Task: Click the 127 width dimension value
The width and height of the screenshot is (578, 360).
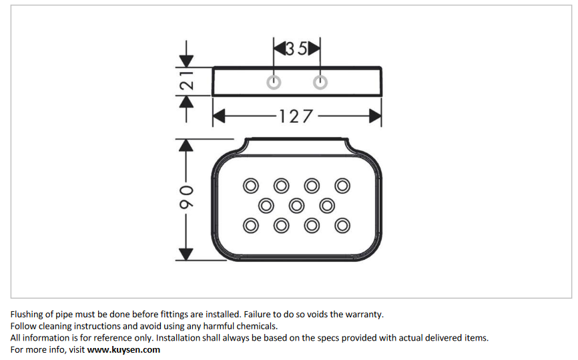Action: (296, 117)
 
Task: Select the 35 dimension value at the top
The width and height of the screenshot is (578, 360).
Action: (296, 48)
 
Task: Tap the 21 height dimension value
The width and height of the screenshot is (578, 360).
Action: (188, 82)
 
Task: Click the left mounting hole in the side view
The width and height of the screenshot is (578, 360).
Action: (273, 83)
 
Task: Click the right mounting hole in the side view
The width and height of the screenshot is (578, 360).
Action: (320, 83)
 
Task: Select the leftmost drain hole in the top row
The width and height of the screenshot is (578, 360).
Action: (251, 184)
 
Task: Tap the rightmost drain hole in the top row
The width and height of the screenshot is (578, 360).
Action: (342, 184)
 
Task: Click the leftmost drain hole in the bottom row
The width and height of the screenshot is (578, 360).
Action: (251, 226)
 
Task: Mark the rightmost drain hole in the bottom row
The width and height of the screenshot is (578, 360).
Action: (342, 226)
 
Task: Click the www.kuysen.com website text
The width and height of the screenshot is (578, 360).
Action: (123, 349)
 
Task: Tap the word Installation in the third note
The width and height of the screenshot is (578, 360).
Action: (181, 338)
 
